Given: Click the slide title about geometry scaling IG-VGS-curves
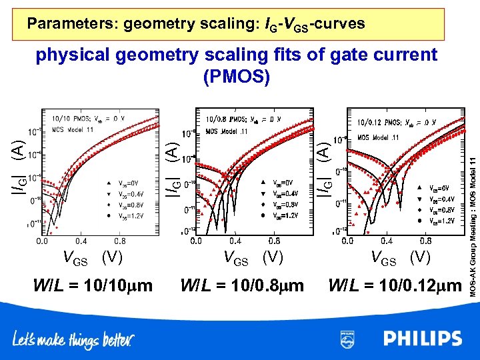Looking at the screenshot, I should click(x=196, y=24).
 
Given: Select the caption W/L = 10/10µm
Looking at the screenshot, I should click(x=93, y=286).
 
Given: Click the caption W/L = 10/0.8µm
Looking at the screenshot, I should click(x=242, y=286).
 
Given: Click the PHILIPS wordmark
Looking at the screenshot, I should click(x=423, y=338).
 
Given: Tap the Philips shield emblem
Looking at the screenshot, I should click(x=347, y=338).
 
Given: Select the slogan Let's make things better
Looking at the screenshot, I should click(x=73, y=341).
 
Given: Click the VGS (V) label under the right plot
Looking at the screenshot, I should click(x=396, y=257).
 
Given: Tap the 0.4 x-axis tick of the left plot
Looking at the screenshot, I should click(x=81, y=241).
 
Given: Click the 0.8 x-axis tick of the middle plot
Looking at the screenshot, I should click(x=273, y=241).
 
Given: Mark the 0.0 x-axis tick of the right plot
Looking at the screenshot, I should click(x=349, y=241).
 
